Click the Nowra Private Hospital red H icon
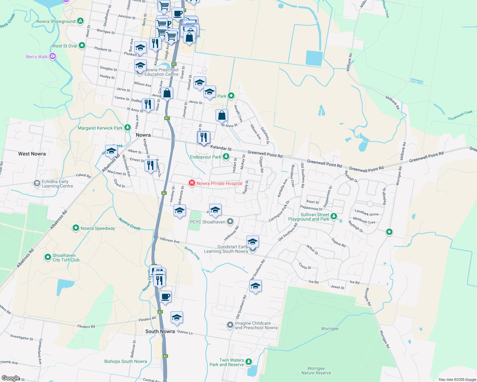tap(192, 183)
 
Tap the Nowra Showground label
tap(56, 22)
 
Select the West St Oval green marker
tap(82, 46)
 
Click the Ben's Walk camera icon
tap(53, 57)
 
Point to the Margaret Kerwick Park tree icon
tap(128, 128)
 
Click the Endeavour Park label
tap(205, 157)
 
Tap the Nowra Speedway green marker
tap(76, 228)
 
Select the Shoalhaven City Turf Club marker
tap(48, 257)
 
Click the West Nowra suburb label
tap(32, 154)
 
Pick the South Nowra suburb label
tap(160, 331)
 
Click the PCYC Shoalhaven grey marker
tap(230, 222)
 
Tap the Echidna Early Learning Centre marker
tap(37, 183)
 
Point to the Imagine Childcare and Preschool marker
tap(230, 325)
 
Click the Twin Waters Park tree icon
tap(249, 362)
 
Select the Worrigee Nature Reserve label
tap(316, 371)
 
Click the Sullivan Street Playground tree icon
tap(334, 216)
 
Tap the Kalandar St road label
tap(221, 148)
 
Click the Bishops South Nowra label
tap(126, 361)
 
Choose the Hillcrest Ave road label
tap(170, 240)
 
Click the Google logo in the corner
tap(11, 378)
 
